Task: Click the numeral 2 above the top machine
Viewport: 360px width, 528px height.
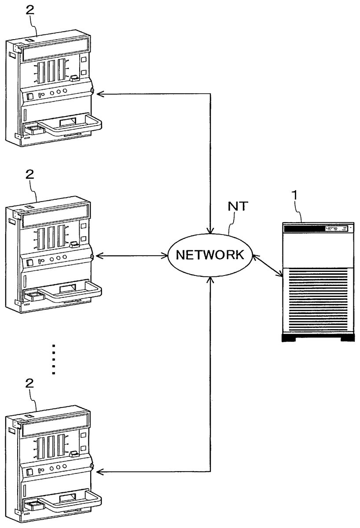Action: pyautogui.click(x=30, y=11)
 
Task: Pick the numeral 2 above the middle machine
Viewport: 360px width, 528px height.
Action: pyautogui.click(x=30, y=175)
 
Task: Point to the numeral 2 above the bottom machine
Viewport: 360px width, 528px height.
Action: pyautogui.click(x=30, y=383)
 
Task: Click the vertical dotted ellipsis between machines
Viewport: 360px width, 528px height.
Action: pyautogui.click(x=53, y=359)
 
